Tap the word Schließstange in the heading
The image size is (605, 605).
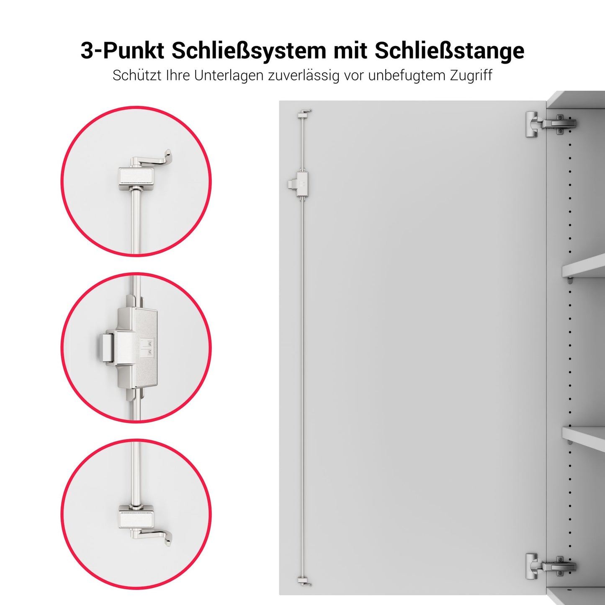click(449, 51)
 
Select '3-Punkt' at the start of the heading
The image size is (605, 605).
click(122, 51)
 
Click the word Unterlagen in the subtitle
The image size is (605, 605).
click(229, 76)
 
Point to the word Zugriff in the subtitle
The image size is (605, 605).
click(471, 76)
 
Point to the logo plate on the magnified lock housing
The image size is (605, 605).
click(147, 348)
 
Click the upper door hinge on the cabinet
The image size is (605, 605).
click(551, 124)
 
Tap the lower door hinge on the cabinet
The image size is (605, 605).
click(551, 566)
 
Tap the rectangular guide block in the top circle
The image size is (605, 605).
click(137, 177)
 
